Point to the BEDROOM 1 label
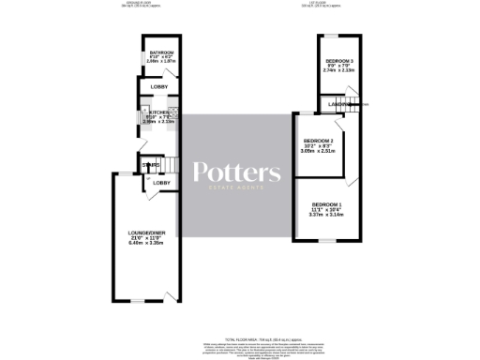tap(327, 204)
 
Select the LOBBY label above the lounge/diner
tap(160, 182)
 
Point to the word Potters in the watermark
tap(235, 172)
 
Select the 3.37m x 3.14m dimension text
tap(327, 215)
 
